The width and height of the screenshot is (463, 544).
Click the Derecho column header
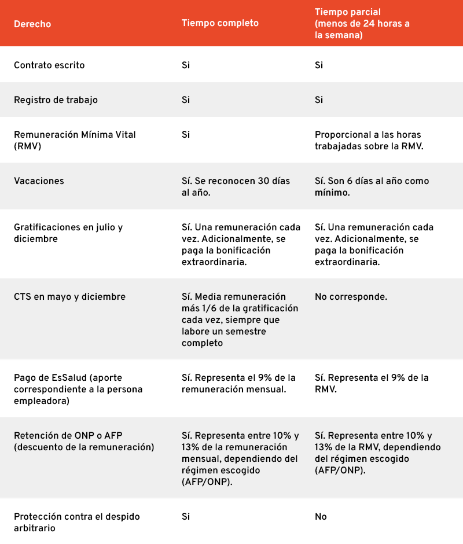tap(32, 24)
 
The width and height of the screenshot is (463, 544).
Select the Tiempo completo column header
tap(220, 23)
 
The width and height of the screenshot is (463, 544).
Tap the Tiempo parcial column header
tap(363, 23)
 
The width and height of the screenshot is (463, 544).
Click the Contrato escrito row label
tap(49, 65)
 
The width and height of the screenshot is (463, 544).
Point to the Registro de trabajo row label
tap(56, 100)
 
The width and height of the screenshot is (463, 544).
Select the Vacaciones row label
tap(39, 181)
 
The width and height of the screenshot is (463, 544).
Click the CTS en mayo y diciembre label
tap(69, 297)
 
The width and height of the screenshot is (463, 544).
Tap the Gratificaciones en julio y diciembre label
tap(68, 233)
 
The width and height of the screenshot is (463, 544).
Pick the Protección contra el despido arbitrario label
tap(77, 522)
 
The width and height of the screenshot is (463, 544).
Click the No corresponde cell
tap(351, 297)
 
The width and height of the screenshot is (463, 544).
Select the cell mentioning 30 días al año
tap(236, 186)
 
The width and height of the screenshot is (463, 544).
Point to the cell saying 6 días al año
tap(372, 186)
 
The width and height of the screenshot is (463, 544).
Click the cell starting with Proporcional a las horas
tap(369, 140)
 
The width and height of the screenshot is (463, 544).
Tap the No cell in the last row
tap(321, 516)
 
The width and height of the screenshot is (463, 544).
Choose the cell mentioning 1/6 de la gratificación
tap(240, 319)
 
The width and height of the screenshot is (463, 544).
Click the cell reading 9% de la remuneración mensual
tap(238, 383)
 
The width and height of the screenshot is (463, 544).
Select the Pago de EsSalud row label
tap(78, 389)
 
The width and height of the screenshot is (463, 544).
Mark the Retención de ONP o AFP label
tap(84, 441)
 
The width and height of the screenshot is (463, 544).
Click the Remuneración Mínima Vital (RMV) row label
tap(75, 140)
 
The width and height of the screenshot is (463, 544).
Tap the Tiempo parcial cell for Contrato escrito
tap(319, 65)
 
